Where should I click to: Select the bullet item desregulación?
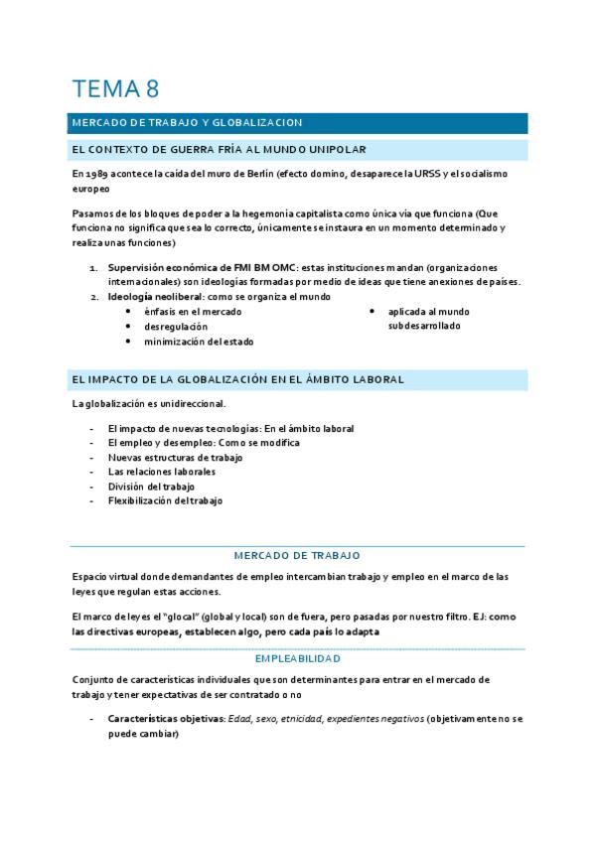[x=176, y=326]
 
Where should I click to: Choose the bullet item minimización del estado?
[x=199, y=341]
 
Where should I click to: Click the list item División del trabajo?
[x=151, y=487]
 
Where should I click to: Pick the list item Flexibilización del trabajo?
[x=165, y=500]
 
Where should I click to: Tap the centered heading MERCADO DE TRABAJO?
[x=297, y=555]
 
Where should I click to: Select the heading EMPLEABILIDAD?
[x=297, y=657]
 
